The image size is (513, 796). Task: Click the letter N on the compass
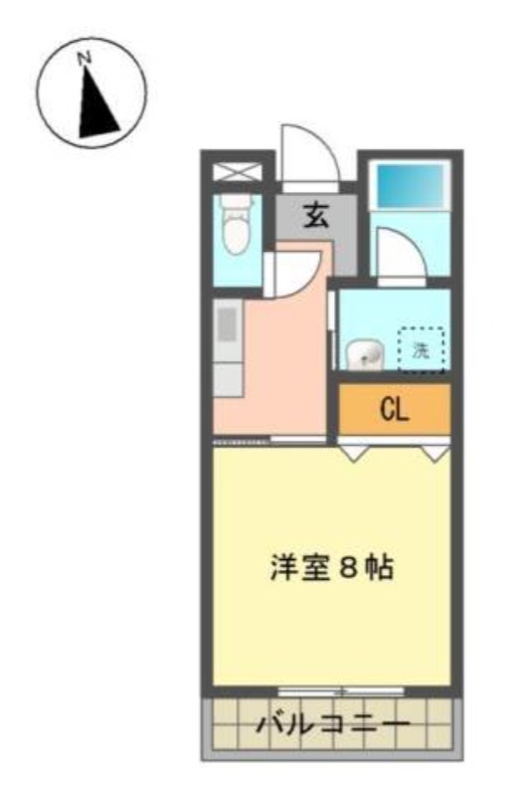pos(84,58)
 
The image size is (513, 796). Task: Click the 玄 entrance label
pos(316,215)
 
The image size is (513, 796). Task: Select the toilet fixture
pos(236,225)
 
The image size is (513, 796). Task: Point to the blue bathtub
pos(410,186)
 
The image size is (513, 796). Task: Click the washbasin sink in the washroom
pos(365,353)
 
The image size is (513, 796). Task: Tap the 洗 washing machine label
pos(421,350)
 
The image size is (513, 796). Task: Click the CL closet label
pos(395,410)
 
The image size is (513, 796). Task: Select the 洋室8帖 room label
pos(331,567)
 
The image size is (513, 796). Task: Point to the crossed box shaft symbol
pos(237,171)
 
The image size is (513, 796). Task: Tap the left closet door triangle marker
pos(354,454)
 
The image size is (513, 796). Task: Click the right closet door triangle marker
pos(435,454)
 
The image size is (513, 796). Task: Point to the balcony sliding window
pos(341,691)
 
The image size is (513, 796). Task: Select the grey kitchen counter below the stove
pos(228,379)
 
